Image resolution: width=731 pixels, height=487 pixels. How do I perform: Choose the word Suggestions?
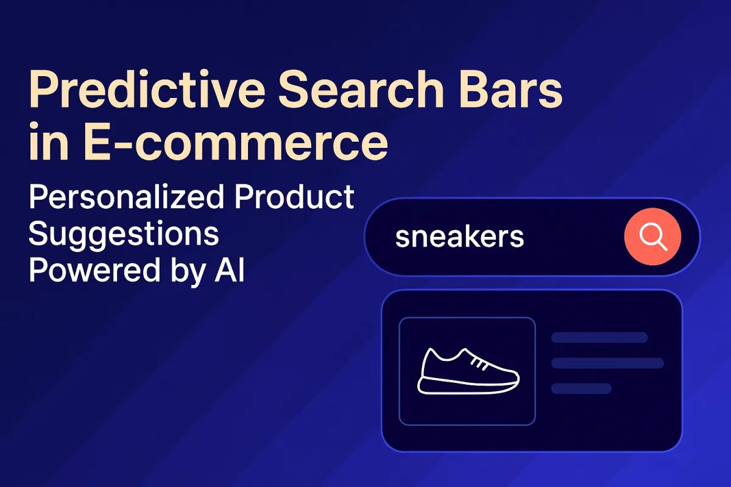click(x=124, y=234)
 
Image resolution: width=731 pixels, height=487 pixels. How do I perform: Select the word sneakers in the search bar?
click(x=459, y=237)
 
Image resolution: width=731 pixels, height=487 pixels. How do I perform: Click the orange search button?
click(x=652, y=237)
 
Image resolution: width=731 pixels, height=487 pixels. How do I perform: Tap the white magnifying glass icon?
click(x=654, y=237)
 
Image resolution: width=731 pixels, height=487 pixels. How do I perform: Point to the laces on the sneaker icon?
click(x=481, y=363)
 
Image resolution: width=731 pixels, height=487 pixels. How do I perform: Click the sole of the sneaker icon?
click(x=467, y=387)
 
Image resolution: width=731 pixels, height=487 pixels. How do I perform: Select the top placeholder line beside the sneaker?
click(x=599, y=338)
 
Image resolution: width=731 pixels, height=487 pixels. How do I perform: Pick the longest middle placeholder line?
click(x=607, y=363)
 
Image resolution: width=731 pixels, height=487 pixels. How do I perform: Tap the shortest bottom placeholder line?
click(x=581, y=388)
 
